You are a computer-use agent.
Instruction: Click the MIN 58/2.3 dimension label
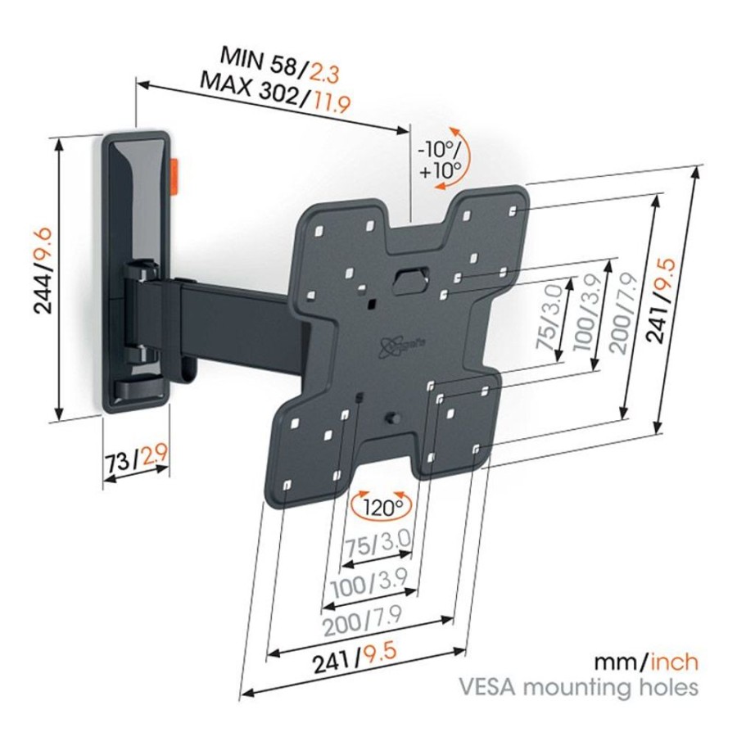[x=279, y=65]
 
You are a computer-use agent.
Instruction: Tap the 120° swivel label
[x=380, y=507]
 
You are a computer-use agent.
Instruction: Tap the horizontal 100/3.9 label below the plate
[x=369, y=583]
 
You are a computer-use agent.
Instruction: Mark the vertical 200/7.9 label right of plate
[x=624, y=313]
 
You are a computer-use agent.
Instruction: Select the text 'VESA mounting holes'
[x=577, y=687]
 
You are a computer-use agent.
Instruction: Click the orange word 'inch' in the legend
[x=674, y=662]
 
